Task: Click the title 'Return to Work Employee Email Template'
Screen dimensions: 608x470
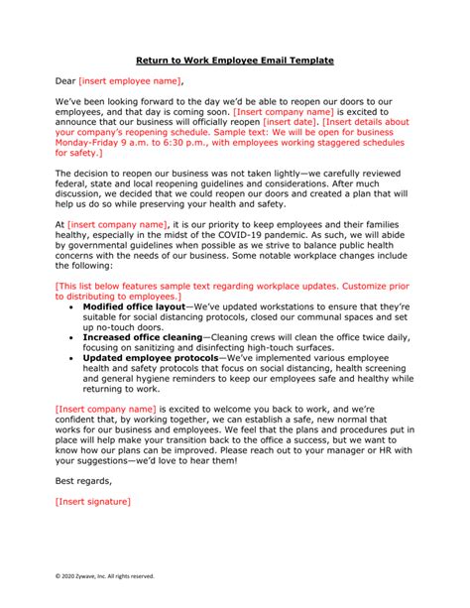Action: click(x=234, y=61)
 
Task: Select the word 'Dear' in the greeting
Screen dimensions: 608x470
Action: click(x=66, y=81)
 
